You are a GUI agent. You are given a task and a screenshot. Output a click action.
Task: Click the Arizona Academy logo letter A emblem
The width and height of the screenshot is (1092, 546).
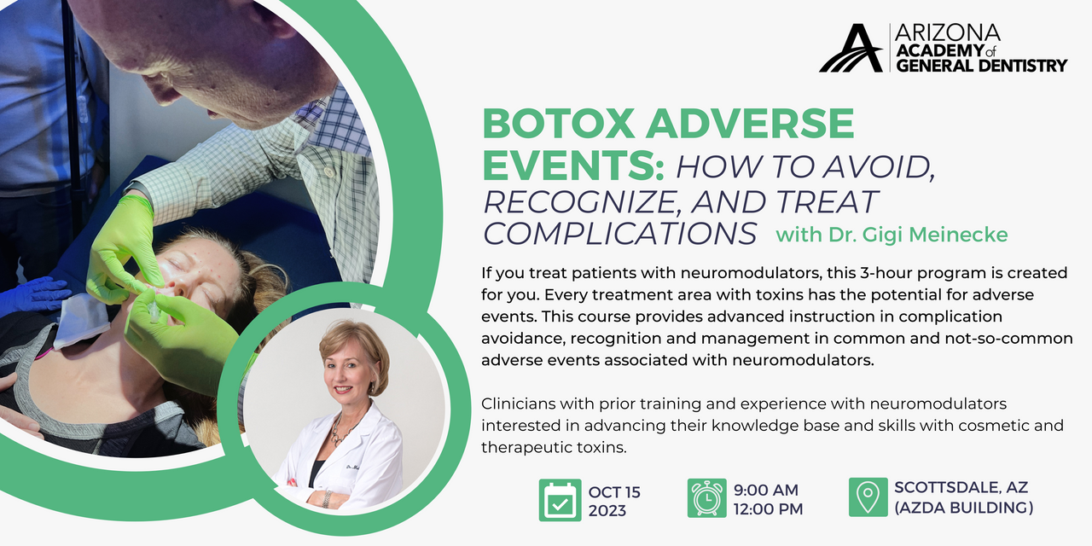[x=851, y=49]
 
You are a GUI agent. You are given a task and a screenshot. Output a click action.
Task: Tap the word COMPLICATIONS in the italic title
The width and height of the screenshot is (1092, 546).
[x=620, y=233]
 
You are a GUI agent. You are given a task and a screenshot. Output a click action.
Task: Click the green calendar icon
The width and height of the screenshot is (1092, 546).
[x=561, y=499]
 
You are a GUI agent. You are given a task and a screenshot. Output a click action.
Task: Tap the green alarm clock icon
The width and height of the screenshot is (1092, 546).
[x=706, y=499]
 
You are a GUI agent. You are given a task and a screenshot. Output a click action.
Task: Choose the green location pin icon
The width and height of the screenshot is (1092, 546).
[x=868, y=498]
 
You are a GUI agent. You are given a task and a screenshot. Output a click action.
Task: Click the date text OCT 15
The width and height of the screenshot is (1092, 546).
[x=614, y=492]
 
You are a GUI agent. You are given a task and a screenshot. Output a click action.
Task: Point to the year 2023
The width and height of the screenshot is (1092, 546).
[x=607, y=511]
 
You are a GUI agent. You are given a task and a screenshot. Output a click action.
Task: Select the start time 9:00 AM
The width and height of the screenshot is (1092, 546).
[x=766, y=490]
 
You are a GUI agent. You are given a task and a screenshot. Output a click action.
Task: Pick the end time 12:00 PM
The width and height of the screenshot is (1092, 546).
[x=768, y=510]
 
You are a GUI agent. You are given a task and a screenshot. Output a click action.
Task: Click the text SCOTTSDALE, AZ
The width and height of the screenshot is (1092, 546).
[x=961, y=488]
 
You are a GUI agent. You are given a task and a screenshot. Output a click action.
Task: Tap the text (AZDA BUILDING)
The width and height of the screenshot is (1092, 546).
[x=963, y=508]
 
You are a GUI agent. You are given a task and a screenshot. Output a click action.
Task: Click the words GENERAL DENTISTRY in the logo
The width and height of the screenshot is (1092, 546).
[x=981, y=65]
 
